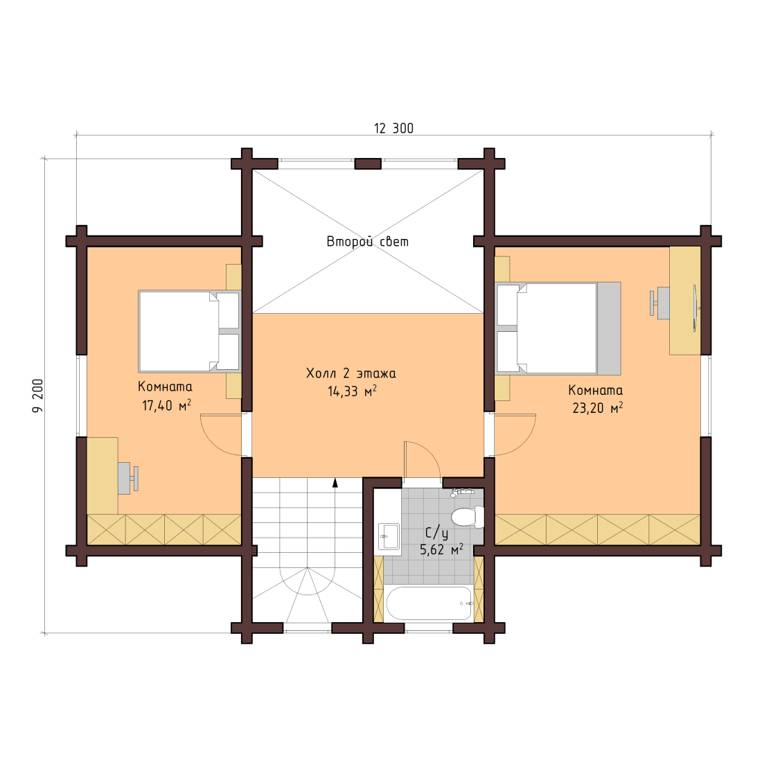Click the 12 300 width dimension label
point(393,128)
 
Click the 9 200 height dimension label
point(38,396)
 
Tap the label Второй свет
point(367,242)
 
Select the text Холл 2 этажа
point(351,373)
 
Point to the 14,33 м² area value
point(353,391)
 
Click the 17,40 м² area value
point(166,405)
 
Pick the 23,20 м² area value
point(597,408)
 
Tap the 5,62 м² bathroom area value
point(441,549)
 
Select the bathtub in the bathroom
point(429,603)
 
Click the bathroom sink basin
point(389,536)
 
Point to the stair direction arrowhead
point(335,482)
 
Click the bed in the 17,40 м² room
point(190,331)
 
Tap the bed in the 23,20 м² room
point(558,328)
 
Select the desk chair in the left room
point(128,478)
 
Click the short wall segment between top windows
point(368,163)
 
